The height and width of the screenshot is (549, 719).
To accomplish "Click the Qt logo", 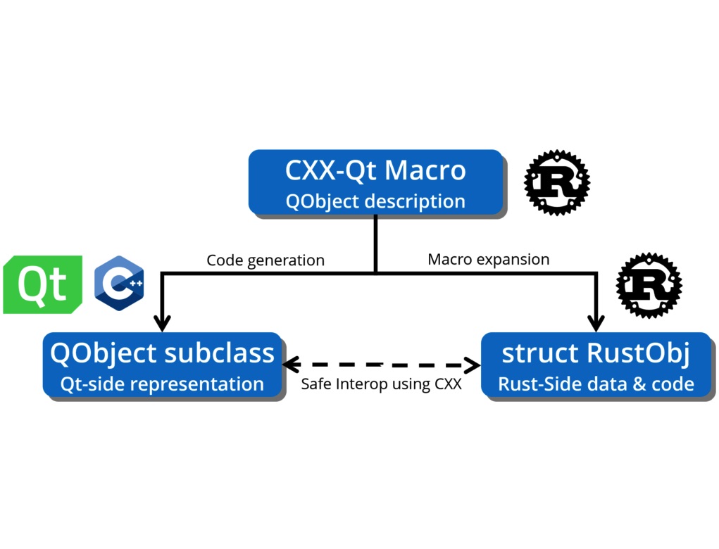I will coord(43,284).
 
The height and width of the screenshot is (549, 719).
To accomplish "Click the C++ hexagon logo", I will coord(119,284).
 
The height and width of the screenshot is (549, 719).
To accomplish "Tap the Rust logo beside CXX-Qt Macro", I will coord(556,182).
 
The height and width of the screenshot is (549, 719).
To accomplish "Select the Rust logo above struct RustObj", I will coord(649,286).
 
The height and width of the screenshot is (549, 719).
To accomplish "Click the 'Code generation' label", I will coord(265,260).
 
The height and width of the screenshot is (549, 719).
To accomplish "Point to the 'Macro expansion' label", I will coord(488,259).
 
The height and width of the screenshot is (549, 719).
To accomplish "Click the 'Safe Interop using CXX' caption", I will coord(381,384).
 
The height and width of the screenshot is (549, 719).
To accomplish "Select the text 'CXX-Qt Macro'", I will coord(375,170).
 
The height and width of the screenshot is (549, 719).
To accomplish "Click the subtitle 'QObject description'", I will coord(375,201).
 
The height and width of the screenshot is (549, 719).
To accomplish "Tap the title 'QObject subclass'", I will coord(163,353).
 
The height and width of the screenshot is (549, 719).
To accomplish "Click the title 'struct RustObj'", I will coord(596,353).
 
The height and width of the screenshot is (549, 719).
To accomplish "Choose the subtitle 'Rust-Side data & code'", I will coord(596,384).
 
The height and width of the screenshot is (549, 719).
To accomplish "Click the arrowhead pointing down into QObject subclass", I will coord(163,323).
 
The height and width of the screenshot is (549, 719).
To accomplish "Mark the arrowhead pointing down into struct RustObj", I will coord(596,323).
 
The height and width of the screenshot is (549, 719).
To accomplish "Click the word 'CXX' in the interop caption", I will coord(446,384).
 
